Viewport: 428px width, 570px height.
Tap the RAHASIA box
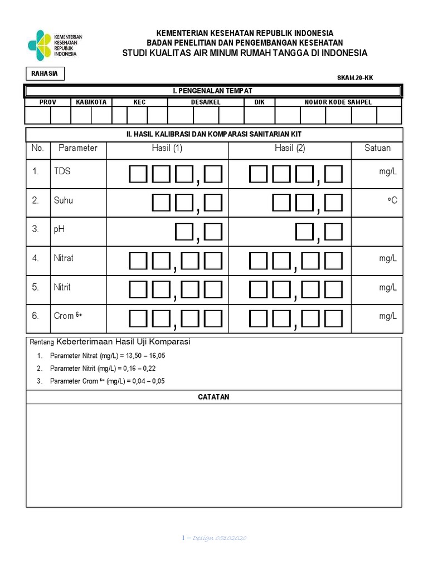(45, 73)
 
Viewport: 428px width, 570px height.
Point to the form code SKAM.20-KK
(355, 78)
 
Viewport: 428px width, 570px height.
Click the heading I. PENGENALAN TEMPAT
(212, 91)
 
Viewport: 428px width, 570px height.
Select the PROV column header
(47, 102)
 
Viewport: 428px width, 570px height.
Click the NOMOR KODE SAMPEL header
(338, 102)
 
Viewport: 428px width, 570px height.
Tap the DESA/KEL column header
(206, 102)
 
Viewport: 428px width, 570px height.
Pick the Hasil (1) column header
(167, 148)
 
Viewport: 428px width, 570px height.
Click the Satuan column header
(377, 148)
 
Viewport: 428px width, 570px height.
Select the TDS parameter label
(62, 171)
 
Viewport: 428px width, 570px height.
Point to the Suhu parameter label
(63, 200)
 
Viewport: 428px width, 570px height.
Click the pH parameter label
(60, 229)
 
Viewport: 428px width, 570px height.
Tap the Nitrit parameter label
(62, 287)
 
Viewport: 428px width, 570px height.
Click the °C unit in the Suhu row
(392, 200)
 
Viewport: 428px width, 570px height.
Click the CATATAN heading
(213, 397)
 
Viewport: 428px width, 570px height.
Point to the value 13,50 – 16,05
(146, 355)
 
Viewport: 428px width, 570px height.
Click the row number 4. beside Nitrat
(36, 258)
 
